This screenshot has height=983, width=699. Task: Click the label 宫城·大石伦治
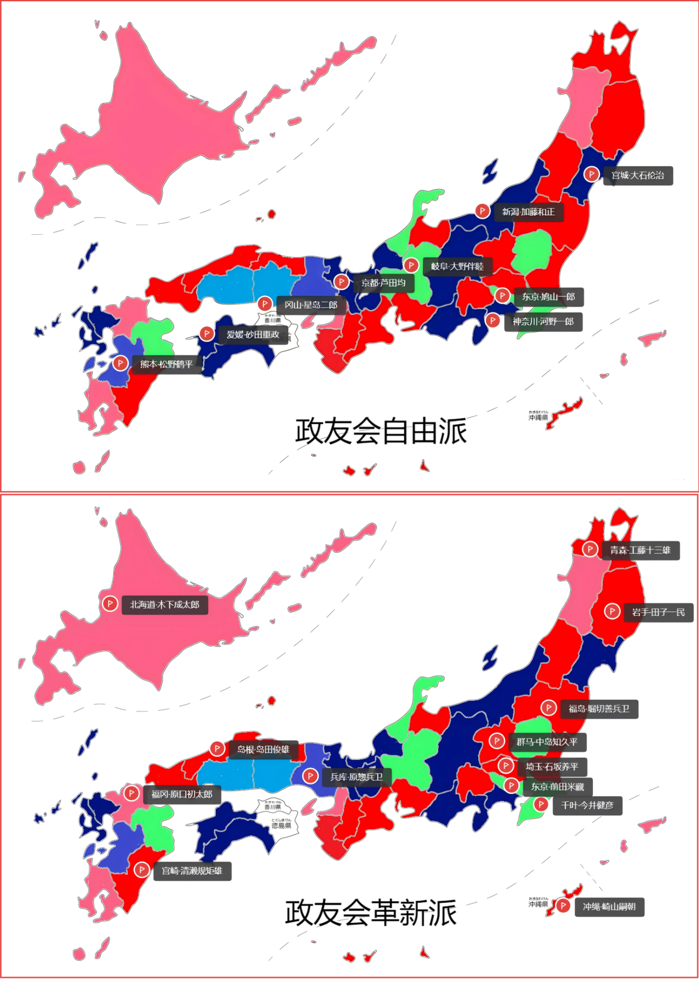point(637,176)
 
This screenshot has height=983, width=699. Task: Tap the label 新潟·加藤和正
point(528,212)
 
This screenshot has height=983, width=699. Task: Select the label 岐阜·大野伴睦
point(457,266)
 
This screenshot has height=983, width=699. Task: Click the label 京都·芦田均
point(383,283)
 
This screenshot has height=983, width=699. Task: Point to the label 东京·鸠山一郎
point(548,297)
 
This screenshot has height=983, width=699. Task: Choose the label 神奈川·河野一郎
point(543,322)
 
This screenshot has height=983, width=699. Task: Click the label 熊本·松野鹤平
point(166,364)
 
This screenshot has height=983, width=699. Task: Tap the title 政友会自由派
point(381,431)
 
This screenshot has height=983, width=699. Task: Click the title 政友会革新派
point(371,912)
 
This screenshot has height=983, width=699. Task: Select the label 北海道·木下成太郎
point(165,605)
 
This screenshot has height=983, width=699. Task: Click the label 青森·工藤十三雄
point(640,550)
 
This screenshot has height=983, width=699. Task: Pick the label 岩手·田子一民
point(658,612)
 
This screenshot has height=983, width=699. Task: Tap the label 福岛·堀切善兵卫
point(599,709)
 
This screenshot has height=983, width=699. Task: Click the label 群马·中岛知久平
point(547,742)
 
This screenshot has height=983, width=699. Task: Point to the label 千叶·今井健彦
point(587,806)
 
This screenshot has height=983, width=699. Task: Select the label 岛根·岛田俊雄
point(263,749)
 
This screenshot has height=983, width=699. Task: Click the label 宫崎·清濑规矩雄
point(192,871)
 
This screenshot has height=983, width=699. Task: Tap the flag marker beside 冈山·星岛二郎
point(265,304)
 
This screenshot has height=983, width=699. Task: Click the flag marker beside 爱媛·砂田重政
point(207,333)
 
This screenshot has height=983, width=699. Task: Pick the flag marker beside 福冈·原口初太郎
point(131,793)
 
